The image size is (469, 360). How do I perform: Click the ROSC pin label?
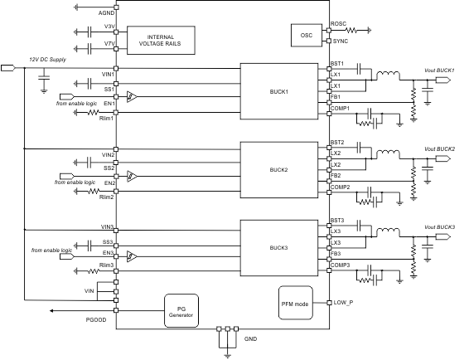point(339,24)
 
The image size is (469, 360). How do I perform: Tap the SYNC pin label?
point(340,41)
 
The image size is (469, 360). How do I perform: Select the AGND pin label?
point(106,14)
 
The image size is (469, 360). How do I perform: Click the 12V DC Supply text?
point(46,60)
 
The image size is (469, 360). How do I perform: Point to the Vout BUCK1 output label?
point(439,70)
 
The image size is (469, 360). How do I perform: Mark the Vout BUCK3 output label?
point(439,226)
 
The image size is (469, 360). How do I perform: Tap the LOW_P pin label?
point(344,301)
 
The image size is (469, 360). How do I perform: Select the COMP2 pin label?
point(341,187)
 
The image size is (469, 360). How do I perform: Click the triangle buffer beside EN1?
point(131,97)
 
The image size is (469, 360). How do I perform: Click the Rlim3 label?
point(105,265)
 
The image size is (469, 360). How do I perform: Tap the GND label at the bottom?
point(252,339)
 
